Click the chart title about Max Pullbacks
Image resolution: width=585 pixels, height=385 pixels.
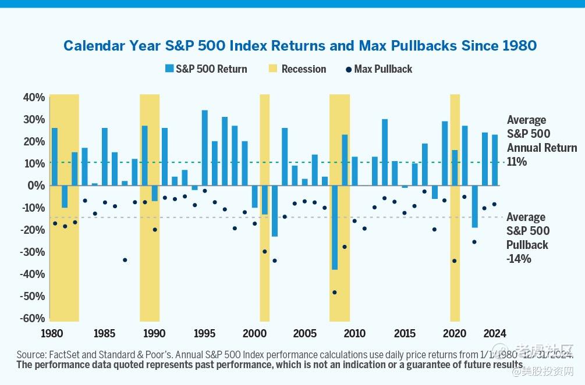tap(300, 45)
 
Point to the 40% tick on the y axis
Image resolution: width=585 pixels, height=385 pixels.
tap(34, 97)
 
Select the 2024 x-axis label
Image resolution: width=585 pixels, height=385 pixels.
tap(494, 334)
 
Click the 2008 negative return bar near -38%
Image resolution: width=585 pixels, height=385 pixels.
tap(335, 227)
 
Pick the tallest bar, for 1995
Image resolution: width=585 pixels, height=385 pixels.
tap(205, 148)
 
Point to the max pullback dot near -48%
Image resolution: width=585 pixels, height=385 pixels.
tap(335, 293)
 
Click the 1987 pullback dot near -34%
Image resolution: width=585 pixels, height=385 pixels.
tap(125, 260)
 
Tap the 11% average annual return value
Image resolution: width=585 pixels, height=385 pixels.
tap(516, 162)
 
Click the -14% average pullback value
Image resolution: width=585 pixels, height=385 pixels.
tap(519, 259)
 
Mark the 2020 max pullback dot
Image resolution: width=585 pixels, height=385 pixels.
tap(455, 261)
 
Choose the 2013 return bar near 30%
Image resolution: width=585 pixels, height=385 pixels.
tap(385, 152)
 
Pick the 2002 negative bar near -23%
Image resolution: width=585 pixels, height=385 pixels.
tap(275, 211)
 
